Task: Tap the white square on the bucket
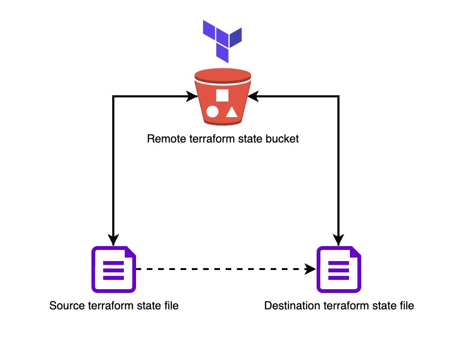pos(222,95)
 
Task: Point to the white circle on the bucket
pos(212,112)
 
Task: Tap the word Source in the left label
pos(67,306)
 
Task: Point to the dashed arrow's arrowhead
pos(311,269)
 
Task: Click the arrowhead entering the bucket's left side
pos(192,97)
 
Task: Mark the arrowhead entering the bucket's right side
pos(254,97)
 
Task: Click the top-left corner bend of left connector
pos(114,97)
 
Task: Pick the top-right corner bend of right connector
pos(339,97)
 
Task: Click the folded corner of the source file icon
pos(130,252)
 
